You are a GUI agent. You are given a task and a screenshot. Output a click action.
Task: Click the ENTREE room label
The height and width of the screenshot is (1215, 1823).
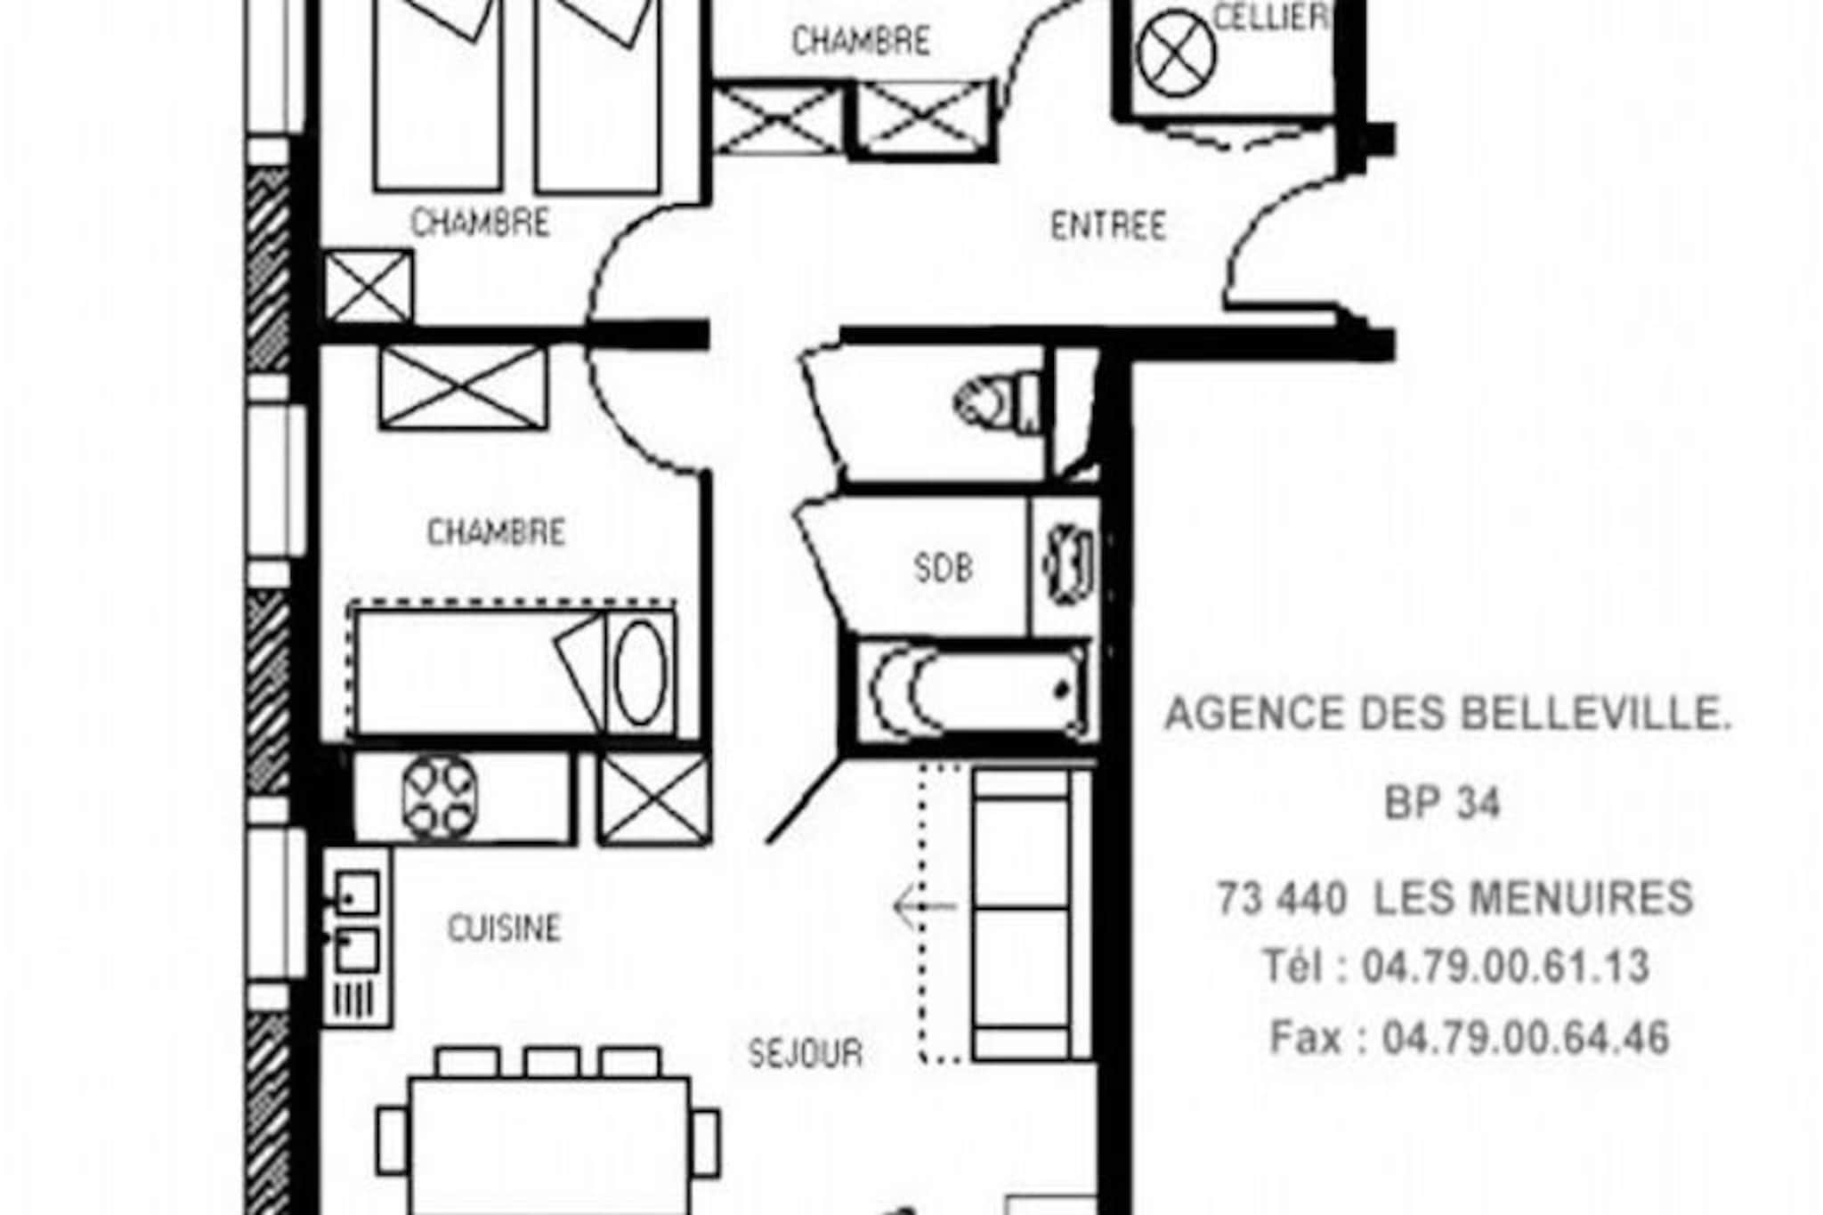[1108, 226]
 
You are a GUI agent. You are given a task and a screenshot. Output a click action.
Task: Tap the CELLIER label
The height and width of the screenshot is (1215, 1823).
[1271, 18]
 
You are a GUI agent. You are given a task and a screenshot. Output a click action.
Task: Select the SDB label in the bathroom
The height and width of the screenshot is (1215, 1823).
[944, 568]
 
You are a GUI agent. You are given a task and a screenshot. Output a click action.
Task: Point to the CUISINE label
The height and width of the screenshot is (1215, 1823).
[504, 928]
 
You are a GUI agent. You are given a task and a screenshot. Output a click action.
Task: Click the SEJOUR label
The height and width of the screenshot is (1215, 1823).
[806, 1054]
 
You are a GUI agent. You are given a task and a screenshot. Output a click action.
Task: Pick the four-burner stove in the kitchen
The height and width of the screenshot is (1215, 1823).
[439, 797]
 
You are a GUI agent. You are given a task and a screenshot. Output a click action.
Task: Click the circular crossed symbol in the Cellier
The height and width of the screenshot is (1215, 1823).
[1176, 53]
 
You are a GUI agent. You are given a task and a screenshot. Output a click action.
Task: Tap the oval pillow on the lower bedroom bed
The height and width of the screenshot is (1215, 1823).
[641, 673]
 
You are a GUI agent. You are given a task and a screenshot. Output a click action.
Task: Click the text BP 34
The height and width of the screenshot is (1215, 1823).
[1442, 804]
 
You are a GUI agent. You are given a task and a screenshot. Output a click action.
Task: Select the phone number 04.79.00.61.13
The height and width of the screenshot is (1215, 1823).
[1505, 967]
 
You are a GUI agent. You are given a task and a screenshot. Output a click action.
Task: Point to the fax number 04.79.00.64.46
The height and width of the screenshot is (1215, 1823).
[1525, 1038]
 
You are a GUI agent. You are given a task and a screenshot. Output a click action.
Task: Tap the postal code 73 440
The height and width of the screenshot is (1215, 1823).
[1282, 898]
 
